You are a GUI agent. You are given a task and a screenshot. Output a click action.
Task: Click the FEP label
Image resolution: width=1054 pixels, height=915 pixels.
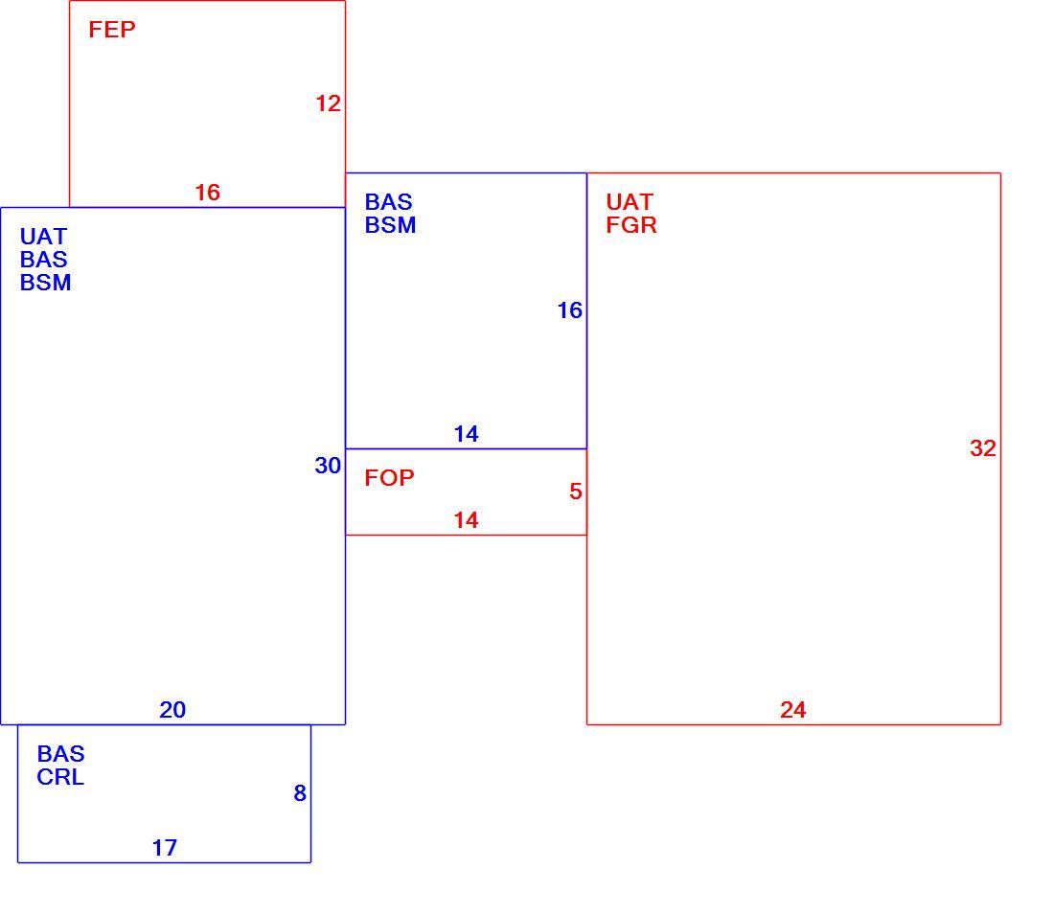coord(111,30)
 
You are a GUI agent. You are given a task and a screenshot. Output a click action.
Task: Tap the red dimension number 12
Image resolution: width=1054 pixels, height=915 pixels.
coord(328,103)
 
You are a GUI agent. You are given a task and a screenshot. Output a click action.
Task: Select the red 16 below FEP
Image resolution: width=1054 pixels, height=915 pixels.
coord(207,193)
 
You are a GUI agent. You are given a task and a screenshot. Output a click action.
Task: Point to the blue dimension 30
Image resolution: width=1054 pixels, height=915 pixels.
coord(328,466)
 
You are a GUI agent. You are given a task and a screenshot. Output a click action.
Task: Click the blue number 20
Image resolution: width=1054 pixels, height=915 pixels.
coord(172,710)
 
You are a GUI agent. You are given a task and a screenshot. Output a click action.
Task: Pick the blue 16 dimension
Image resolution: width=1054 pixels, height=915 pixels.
coord(570,310)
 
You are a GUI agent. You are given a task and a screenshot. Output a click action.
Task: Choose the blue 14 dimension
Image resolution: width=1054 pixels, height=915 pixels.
coord(466,434)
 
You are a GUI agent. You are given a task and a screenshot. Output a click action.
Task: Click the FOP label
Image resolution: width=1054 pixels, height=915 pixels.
coord(389,478)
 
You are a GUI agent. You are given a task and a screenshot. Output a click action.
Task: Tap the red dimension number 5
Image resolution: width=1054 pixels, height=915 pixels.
coord(576,492)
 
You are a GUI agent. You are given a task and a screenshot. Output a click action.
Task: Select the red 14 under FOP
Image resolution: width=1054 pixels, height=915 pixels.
coord(466,520)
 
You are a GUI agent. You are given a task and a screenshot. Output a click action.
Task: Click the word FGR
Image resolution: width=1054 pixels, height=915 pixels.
coord(631,225)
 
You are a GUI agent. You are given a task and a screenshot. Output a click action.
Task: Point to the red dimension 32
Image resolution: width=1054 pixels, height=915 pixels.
coord(983,448)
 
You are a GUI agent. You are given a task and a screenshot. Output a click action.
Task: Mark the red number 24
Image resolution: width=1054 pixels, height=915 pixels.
coord(793,710)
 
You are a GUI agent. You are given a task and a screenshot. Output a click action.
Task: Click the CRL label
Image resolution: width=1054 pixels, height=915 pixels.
coord(60,777)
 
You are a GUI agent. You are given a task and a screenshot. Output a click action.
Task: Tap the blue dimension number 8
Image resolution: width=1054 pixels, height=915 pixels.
coord(300,793)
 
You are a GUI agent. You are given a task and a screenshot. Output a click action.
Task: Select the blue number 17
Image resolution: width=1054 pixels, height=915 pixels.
coord(165,849)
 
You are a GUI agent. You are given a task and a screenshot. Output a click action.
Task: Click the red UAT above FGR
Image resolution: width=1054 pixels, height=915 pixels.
coord(630,202)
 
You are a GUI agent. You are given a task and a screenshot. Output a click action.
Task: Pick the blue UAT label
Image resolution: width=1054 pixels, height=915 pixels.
coord(43,237)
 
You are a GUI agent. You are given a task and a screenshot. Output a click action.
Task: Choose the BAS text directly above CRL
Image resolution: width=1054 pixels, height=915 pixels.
coord(60,754)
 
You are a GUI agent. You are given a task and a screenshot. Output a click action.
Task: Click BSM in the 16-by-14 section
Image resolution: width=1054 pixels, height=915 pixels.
coord(391,225)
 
